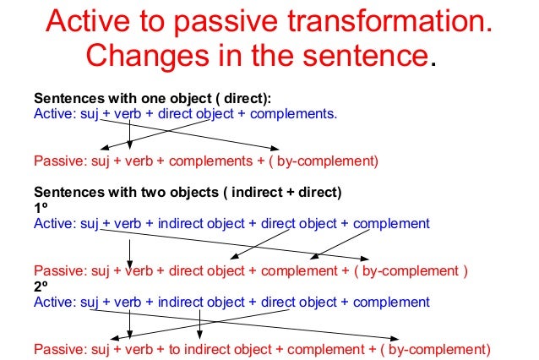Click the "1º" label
pyautogui.click(x=40, y=208)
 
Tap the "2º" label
pyautogui.click(x=40, y=286)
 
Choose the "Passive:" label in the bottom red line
pyautogui.click(x=55, y=349)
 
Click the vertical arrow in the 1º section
pyautogui.click(x=129, y=250)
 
